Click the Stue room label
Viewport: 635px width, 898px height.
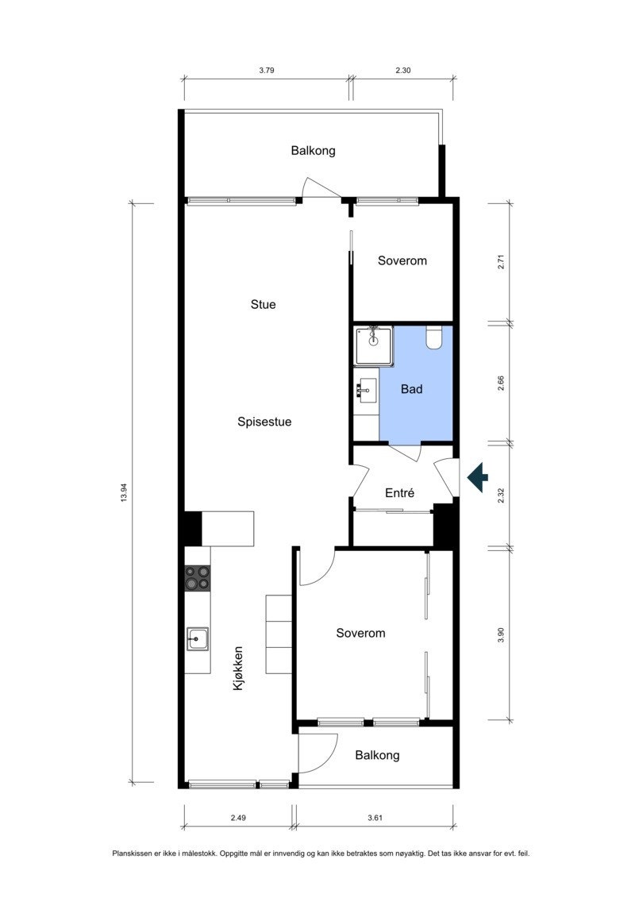[x=263, y=304]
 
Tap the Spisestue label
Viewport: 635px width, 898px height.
[x=264, y=422]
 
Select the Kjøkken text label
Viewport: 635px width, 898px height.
[x=237, y=668]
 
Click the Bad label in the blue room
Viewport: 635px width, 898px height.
[x=411, y=390]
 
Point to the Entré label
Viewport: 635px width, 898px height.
[x=400, y=493]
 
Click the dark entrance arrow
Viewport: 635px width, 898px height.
[x=477, y=477]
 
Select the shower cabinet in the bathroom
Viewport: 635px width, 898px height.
[x=374, y=345]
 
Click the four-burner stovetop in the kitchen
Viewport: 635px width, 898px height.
[x=198, y=577]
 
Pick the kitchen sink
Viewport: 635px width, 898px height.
[x=198, y=638]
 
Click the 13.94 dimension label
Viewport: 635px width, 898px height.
[x=123, y=493]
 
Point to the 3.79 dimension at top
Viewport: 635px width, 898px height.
[x=267, y=71]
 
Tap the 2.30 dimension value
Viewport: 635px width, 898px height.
[x=402, y=71]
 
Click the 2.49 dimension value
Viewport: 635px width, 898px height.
[x=237, y=818]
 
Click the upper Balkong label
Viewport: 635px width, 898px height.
[x=313, y=150]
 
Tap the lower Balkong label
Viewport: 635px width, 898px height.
[x=377, y=756]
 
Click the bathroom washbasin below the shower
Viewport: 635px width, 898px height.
[x=367, y=389]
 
